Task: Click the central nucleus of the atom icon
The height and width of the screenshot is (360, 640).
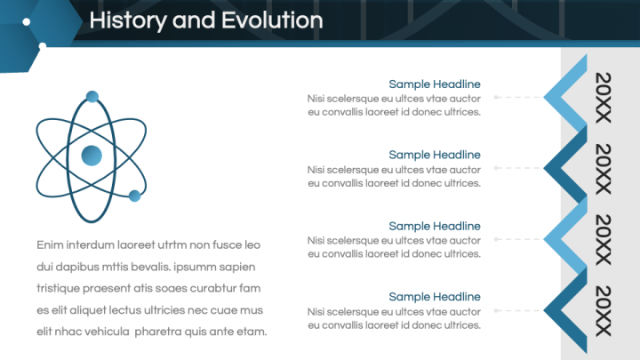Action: coord(92,156)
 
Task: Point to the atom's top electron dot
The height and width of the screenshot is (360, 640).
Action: coord(92,96)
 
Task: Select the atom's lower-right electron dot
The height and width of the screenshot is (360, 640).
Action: coord(135,196)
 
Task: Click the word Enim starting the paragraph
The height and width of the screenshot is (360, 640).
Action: coord(52,244)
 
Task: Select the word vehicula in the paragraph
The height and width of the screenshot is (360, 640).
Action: coord(108,332)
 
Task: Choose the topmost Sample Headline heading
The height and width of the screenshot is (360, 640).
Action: coord(434,84)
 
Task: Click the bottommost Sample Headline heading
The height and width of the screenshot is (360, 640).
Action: coord(434,297)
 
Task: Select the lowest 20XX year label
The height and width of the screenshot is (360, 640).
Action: coord(604,311)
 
